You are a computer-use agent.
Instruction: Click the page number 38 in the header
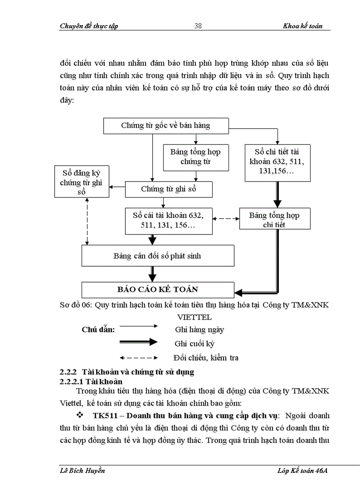coord(198,26)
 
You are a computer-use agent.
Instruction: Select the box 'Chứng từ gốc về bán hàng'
coord(166,126)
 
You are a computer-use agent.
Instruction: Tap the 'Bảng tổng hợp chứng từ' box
coord(196,157)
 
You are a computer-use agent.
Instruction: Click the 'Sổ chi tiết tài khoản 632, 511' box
coord(277,163)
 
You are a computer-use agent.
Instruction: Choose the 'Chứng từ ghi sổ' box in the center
coord(169,189)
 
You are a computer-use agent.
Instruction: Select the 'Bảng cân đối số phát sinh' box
coord(157,256)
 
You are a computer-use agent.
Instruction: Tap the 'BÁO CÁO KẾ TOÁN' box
coord(157,289)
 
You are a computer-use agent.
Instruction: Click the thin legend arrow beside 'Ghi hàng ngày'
coord(139,326)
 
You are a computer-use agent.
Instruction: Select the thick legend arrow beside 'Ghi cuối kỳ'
coord(139,342)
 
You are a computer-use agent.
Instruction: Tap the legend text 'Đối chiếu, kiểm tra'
coord(206,357)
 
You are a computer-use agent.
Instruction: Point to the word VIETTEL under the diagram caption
coord(194,317)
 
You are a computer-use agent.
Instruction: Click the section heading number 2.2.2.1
coord(72,381)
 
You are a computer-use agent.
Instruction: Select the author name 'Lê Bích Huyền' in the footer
coord(82,471)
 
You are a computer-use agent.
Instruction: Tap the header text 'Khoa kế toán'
coord(303,26)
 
